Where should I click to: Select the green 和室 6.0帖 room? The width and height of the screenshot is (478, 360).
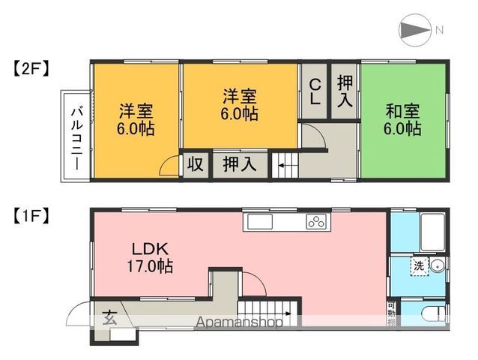pos(402,120)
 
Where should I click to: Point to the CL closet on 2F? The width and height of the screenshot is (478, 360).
pos(315,91)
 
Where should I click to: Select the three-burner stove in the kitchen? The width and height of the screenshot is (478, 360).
pos(315,221)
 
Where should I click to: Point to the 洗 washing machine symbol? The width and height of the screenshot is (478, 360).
pos(417,266)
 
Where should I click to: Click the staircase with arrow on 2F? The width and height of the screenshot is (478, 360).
pos(285,164)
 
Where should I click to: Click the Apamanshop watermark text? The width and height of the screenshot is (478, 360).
pos(240,323)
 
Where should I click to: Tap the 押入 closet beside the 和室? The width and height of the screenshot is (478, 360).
pos(345,91)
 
